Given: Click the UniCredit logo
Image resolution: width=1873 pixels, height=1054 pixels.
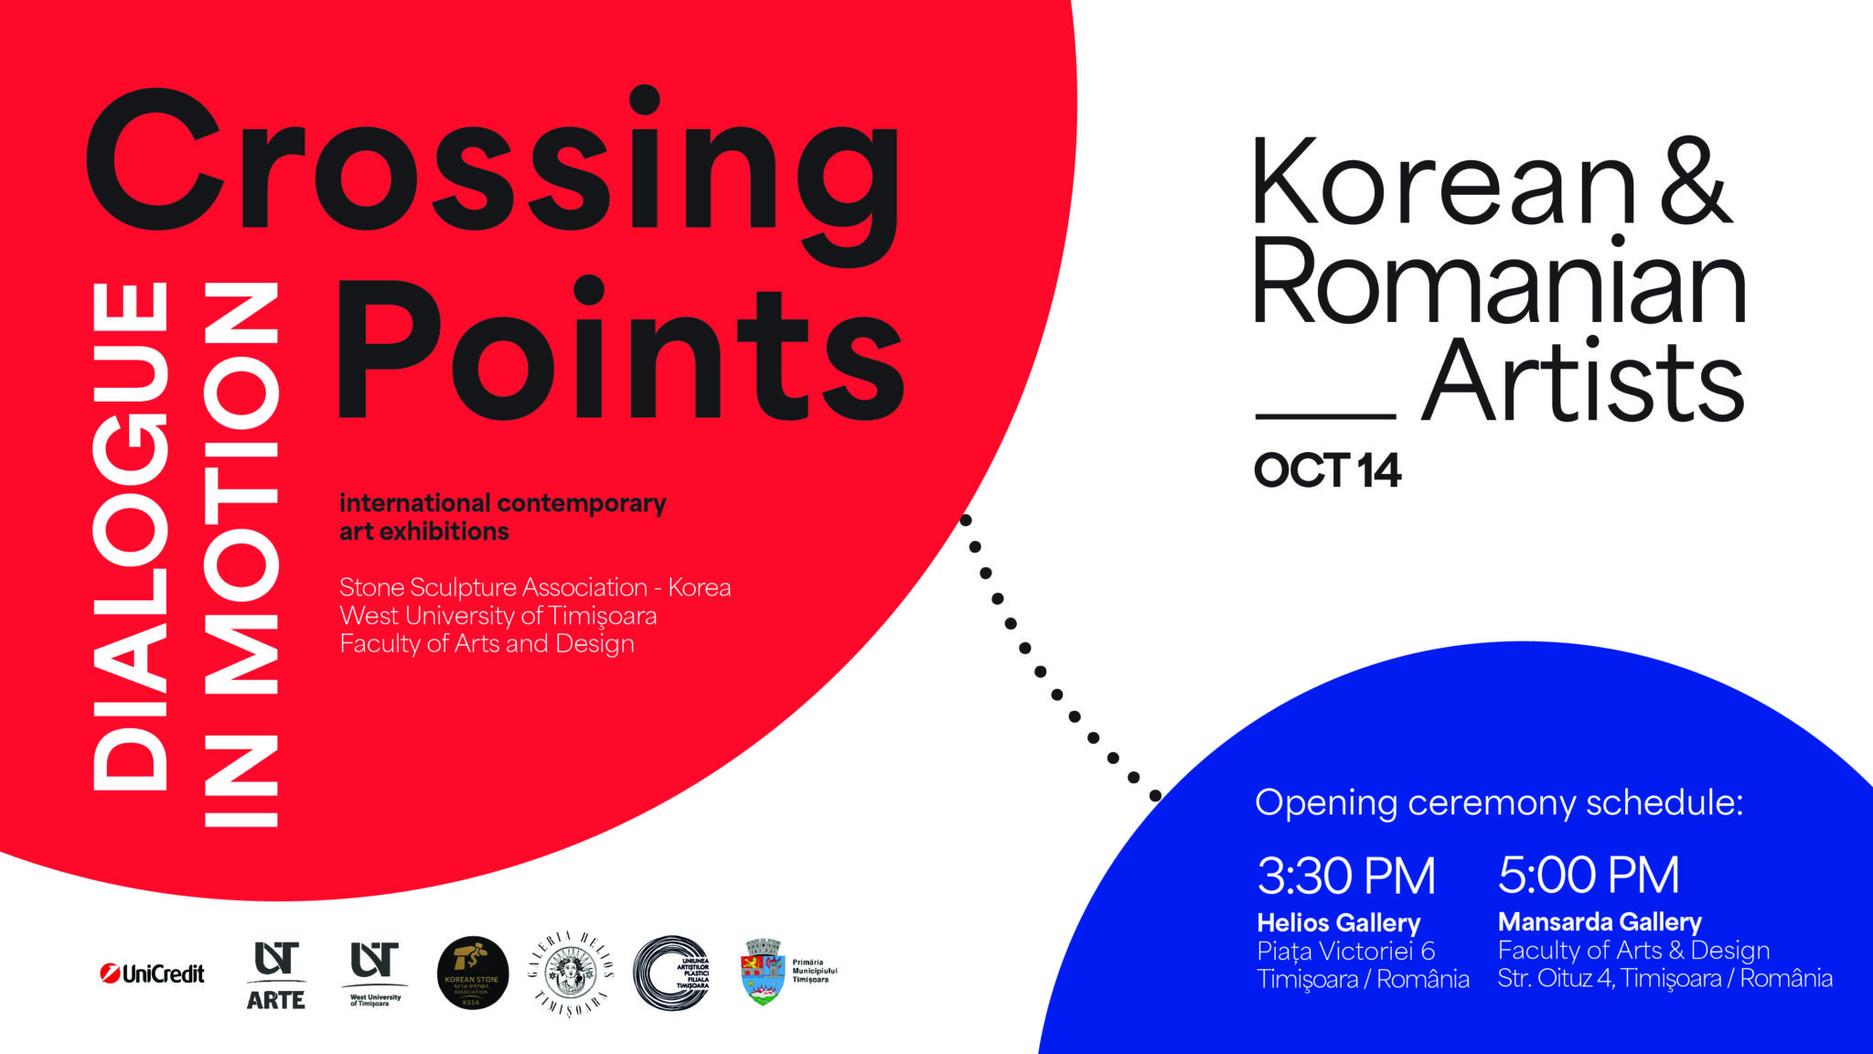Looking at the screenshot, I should coord(153,973).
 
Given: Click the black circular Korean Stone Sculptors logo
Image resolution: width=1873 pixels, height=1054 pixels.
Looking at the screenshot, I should coord(473,973).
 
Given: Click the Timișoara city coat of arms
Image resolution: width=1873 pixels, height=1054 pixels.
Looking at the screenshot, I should coord(763,972).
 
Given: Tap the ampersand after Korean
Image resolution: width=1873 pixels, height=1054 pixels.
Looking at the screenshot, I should coord(1695,183).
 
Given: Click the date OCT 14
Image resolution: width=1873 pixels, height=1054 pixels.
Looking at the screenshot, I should coord(1326,470).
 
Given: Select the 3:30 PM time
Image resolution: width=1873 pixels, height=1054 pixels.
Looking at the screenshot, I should coord(1345,876).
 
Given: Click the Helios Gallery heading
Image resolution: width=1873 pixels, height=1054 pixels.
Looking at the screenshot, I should coord(1338,922).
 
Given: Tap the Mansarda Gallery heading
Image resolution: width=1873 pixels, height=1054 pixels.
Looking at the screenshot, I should coord(1600,921).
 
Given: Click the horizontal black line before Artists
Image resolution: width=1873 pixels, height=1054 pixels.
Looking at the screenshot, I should coord(1325,416).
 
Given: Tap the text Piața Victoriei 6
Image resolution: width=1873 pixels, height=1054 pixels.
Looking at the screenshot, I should coord(1345,951).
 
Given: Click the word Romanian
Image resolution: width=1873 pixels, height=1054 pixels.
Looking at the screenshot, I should coord(1499,282).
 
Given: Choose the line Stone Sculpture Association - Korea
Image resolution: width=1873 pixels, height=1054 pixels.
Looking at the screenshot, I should coord(535,587).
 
